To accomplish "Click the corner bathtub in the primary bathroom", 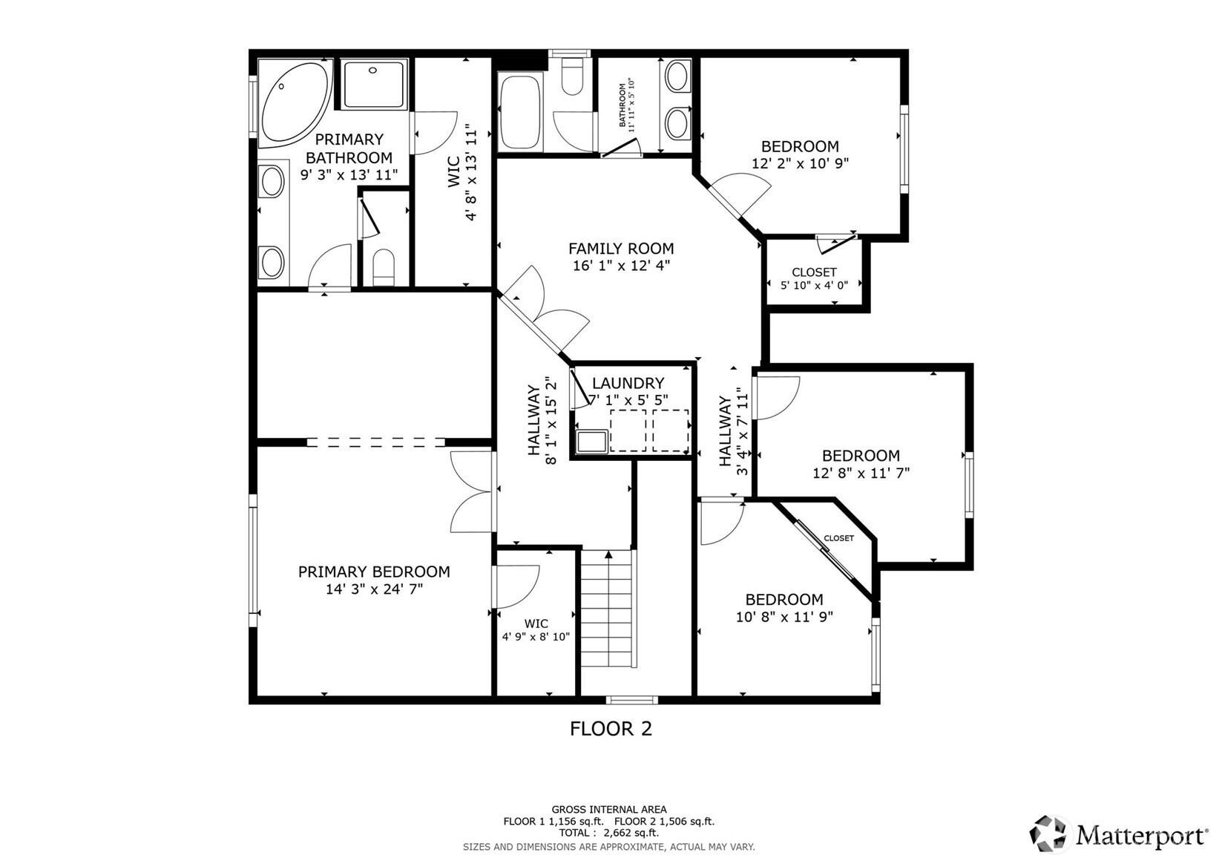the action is click(295, 104).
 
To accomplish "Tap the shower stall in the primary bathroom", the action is click(375, 84).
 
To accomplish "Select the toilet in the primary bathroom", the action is click(384, 267).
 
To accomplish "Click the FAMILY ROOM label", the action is click(621, 249).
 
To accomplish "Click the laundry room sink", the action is click(592, 441).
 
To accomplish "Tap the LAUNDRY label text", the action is click(628, 383).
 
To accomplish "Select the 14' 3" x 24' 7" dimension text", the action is click(374, 589).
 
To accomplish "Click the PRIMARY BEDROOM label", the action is click(374, 572).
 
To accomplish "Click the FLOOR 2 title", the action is click(611, 729).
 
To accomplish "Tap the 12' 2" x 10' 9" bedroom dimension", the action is click(801, 164).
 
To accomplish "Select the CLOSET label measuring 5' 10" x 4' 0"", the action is click(814, 272).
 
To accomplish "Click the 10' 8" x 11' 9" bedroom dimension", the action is click(784, 617).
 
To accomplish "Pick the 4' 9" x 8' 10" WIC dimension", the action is click(536, 636).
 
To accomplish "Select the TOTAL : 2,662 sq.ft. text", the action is click(609, 833).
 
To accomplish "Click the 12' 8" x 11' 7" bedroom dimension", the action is click(861, 473).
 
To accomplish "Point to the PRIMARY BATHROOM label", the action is click(349, 148).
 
